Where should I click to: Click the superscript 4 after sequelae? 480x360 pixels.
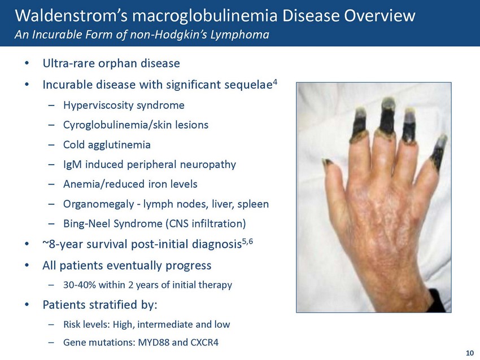(x=275, y=82)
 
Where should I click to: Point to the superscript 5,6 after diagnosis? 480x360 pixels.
(x=247, y=242)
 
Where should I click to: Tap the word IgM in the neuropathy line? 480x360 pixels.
(x=72, y=164)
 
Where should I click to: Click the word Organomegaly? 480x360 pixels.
(x=99, y=204)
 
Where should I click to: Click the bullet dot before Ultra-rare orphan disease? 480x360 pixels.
(x=27, y=63)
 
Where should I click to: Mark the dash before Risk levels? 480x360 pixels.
(x=51, y=324)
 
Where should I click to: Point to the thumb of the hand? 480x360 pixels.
(x=334, y=177)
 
